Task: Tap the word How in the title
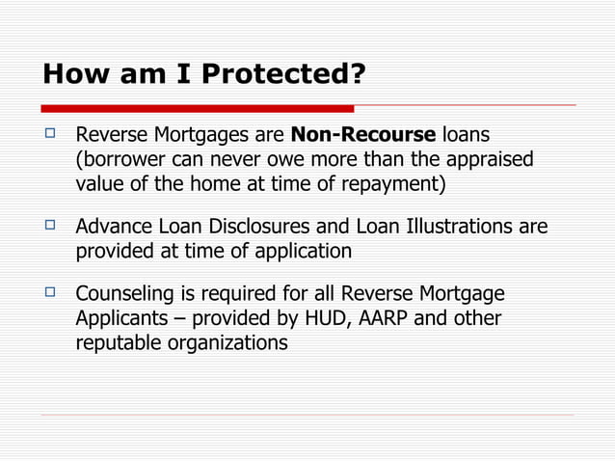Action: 71,73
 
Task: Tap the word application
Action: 307,251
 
